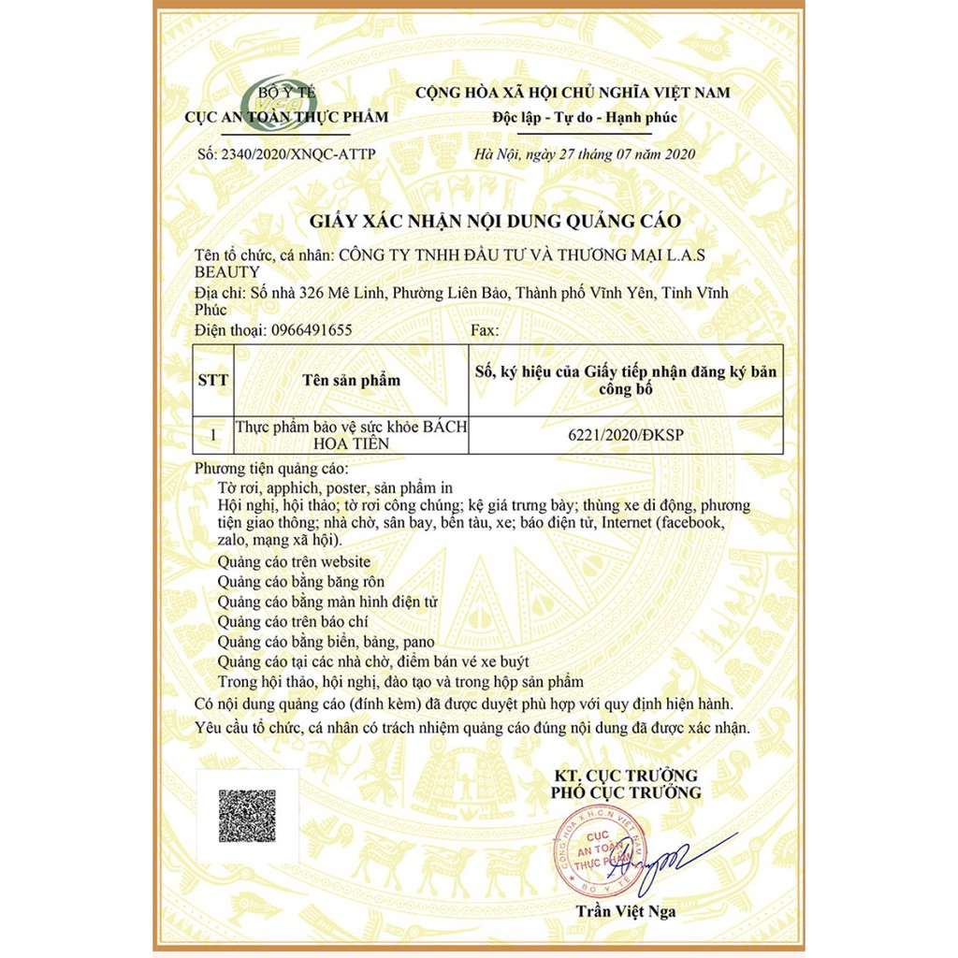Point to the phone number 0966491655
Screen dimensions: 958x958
coord(311,330)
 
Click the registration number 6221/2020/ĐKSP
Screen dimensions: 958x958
coord(626,435)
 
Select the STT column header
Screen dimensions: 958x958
coord(212,380)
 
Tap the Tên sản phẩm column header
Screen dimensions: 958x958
coord(351,380)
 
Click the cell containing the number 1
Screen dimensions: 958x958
coord(212,435)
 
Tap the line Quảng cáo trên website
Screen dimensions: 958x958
coord(294,562)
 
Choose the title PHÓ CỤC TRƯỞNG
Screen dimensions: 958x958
coord(626,793)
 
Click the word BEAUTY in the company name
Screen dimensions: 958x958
coord(226,271)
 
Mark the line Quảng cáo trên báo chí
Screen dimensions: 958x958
coord(293,621)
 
